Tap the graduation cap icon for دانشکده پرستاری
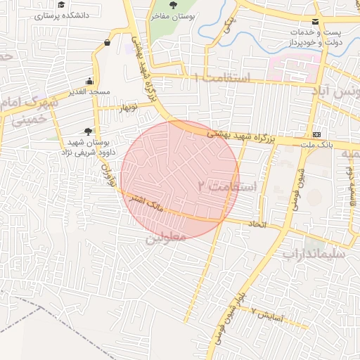click(x=61, y=5)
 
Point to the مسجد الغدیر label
click(x=88, y=93)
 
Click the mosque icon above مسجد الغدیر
click(x=89, y=82)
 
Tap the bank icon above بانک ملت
click(x=316, y=134)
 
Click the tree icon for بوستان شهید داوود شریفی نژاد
click(x=87, y=131)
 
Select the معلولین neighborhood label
click(x=166, y=238)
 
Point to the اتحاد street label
click(x=255, y=223)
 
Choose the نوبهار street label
click(x=127, y=106)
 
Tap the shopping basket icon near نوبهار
click(x=106, y=43)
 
